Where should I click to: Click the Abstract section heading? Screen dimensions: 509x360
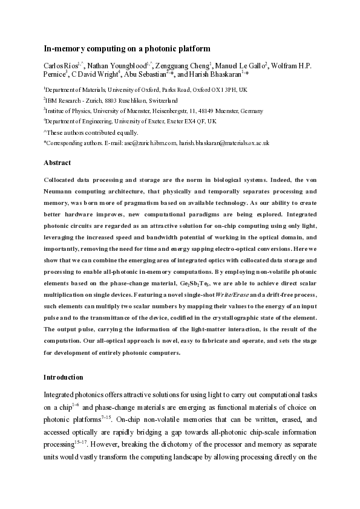point(57,163)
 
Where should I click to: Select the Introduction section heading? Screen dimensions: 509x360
point(63,377)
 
